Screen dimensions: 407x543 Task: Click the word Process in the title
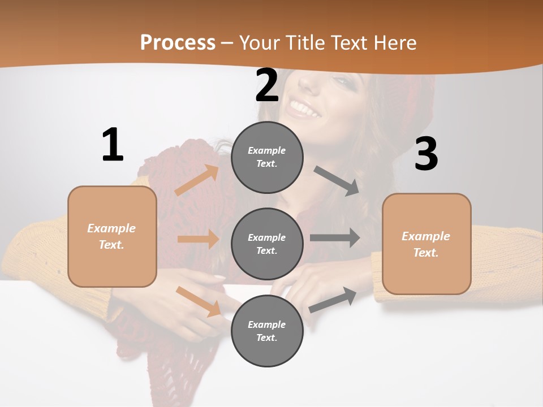tap(178, 42)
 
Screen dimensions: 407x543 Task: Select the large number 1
tap(113, 145)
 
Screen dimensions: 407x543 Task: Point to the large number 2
tap(267, 85)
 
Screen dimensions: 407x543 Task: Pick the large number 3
tap(426, 154)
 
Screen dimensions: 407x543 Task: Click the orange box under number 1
tap(112, 236)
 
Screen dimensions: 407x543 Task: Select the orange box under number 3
tap(426, 244)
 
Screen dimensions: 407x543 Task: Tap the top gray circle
tap(267, 157)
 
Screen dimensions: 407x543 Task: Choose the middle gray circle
tap(267, 244)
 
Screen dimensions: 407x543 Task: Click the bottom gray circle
tap(267, 331)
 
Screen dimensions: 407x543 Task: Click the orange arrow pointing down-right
tap(198, 301)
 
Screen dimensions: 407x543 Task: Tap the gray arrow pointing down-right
tap(337, 181)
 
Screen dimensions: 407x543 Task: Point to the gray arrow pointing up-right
tap(333, 300)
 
